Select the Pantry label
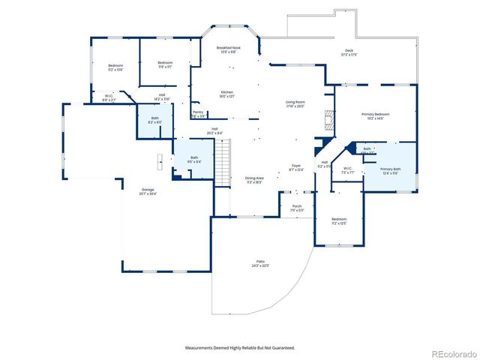tap(198, 114)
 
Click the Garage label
tap(147, 190)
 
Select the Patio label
tap(259, 263)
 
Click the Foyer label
tap(295, 166)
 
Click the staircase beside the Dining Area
tap(222, 160)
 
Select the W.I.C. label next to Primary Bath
tap(347, 169)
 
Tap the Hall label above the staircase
tap(214, 131)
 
